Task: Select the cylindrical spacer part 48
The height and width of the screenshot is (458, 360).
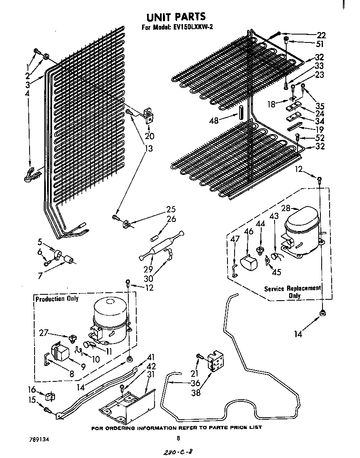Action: pos(241,112)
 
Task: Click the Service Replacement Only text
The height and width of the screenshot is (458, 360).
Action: pos(293,292)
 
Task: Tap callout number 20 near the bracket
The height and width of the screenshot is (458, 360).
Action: pos(149,136)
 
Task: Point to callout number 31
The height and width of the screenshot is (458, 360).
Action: pos(151,375)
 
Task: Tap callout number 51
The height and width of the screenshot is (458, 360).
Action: pos(320,44)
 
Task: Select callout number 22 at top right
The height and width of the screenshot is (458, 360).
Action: pos(321,35)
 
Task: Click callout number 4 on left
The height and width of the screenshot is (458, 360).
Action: pos(27,94)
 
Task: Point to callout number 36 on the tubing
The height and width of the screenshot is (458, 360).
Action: pos(195,383)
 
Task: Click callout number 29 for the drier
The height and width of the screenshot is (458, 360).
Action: pos(148,269)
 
